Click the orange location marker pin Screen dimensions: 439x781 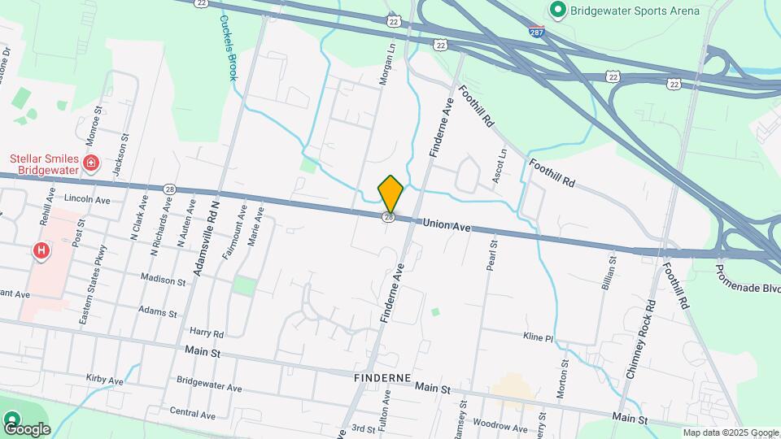(x=390, y=193)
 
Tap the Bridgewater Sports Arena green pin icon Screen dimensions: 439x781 (x=557, y=11)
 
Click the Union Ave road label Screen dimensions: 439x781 (x=447, y=226)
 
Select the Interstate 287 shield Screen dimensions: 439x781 (x=535, y=33)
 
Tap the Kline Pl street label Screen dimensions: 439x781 (x=538, y=337)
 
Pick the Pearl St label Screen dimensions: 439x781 (x=491, y=257)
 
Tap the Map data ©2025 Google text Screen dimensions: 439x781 (x=730, y=432)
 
